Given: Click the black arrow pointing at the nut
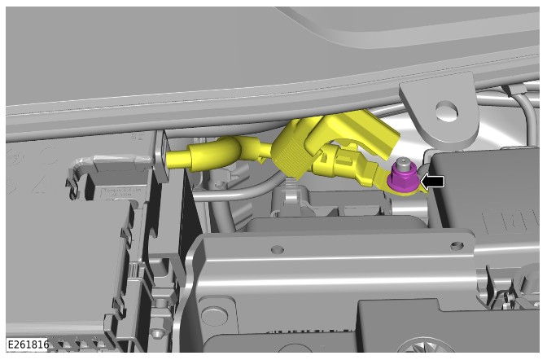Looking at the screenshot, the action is click(x=432, y=182).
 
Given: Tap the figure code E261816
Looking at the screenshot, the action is click(x=28, y=345).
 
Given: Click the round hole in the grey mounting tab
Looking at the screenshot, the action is click(x=447, y=111).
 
